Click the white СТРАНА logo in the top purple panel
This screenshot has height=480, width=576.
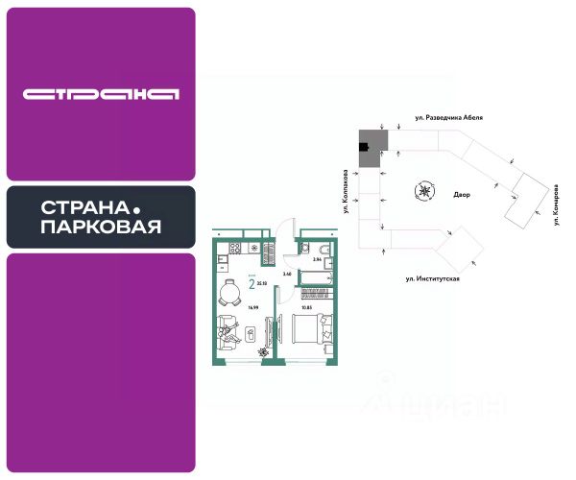101,94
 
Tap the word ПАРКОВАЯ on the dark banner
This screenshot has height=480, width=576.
101,228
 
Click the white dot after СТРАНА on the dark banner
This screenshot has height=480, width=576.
136,207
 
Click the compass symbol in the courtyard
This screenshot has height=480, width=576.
423,190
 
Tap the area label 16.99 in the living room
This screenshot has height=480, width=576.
228,310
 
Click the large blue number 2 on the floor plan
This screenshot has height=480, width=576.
252,283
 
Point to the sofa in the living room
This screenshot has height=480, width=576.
225,335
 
